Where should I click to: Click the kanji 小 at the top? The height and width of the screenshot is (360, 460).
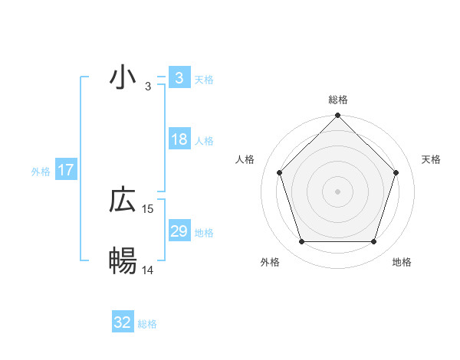click(123, 77)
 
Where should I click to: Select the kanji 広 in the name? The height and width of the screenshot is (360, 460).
click(123, 201)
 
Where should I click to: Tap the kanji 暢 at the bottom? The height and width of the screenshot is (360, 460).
click(123, 261)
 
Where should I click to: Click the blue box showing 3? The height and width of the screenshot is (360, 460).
click(179, 77)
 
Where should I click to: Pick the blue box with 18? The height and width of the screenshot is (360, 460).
click(179, 139)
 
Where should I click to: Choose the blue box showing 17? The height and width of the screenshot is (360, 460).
click(66, 170)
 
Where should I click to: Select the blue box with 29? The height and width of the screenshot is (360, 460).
click(179, 231)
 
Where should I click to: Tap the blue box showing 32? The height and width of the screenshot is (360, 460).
click(123, 322)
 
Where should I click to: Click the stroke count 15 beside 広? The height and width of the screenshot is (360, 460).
click(149, 208)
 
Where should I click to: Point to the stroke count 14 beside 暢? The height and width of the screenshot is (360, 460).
click(148, 270)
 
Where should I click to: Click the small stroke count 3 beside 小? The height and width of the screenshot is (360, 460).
click(148, 86)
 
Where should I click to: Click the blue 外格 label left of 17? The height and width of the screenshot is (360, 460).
click(41, 172)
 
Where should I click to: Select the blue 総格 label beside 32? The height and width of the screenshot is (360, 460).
click(147, 324)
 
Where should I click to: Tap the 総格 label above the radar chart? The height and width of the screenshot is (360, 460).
click(337, 100)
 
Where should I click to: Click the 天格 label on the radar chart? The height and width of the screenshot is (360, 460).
click(431, 159)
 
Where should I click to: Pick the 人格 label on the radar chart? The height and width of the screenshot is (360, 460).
click(245, 159)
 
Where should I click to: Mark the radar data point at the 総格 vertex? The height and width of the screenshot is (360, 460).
click(337, 117)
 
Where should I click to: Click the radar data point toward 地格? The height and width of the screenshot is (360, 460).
click(374, 242)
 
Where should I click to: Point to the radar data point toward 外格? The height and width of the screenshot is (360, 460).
click(301, 242)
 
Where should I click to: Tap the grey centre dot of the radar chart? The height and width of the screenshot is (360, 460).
click(337, 191)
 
